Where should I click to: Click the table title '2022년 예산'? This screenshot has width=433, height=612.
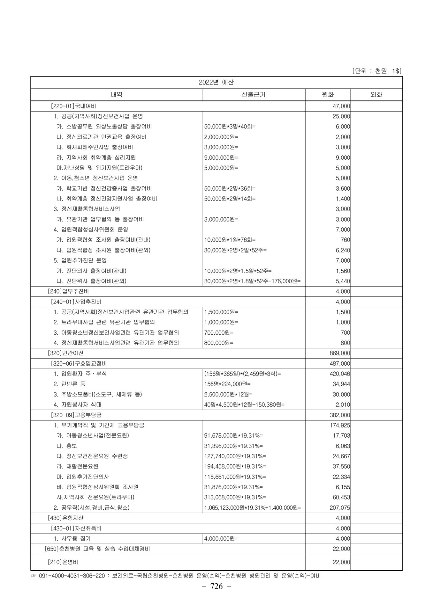216,82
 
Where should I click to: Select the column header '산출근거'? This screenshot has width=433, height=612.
254,94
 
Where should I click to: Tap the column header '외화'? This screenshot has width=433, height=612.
376,94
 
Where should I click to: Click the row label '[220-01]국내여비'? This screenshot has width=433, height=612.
73,106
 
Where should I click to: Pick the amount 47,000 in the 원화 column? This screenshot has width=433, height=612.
341,106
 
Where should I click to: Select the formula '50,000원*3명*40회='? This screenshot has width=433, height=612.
230,127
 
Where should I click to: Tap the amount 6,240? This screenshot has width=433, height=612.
343,250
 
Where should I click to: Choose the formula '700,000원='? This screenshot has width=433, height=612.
219,332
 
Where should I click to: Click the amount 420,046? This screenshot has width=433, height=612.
340,374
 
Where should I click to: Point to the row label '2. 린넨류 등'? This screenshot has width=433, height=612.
69,384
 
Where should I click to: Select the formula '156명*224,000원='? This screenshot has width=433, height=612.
227,384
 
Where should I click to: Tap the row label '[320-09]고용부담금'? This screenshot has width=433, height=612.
76,415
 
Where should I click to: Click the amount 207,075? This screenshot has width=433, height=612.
340,507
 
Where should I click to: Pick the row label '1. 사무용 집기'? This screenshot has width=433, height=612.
72,538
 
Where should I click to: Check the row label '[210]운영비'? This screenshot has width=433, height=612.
63,562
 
